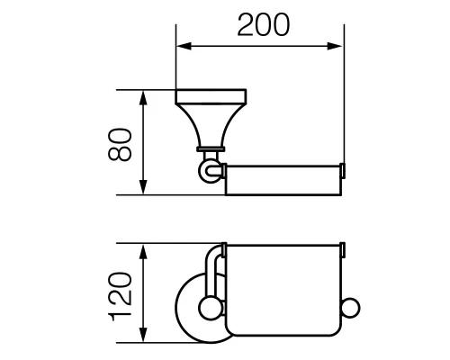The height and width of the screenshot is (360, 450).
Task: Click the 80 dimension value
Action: pyautogui.click(x=123, y=142)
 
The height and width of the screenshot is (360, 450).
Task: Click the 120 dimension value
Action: pyautogui.click(x=123, y=293)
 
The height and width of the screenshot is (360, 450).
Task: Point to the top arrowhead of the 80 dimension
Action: pyautogui.click(x=142, y=94)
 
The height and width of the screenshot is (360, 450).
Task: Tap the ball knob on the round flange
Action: pyautogui.click(x=209, y=310)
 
